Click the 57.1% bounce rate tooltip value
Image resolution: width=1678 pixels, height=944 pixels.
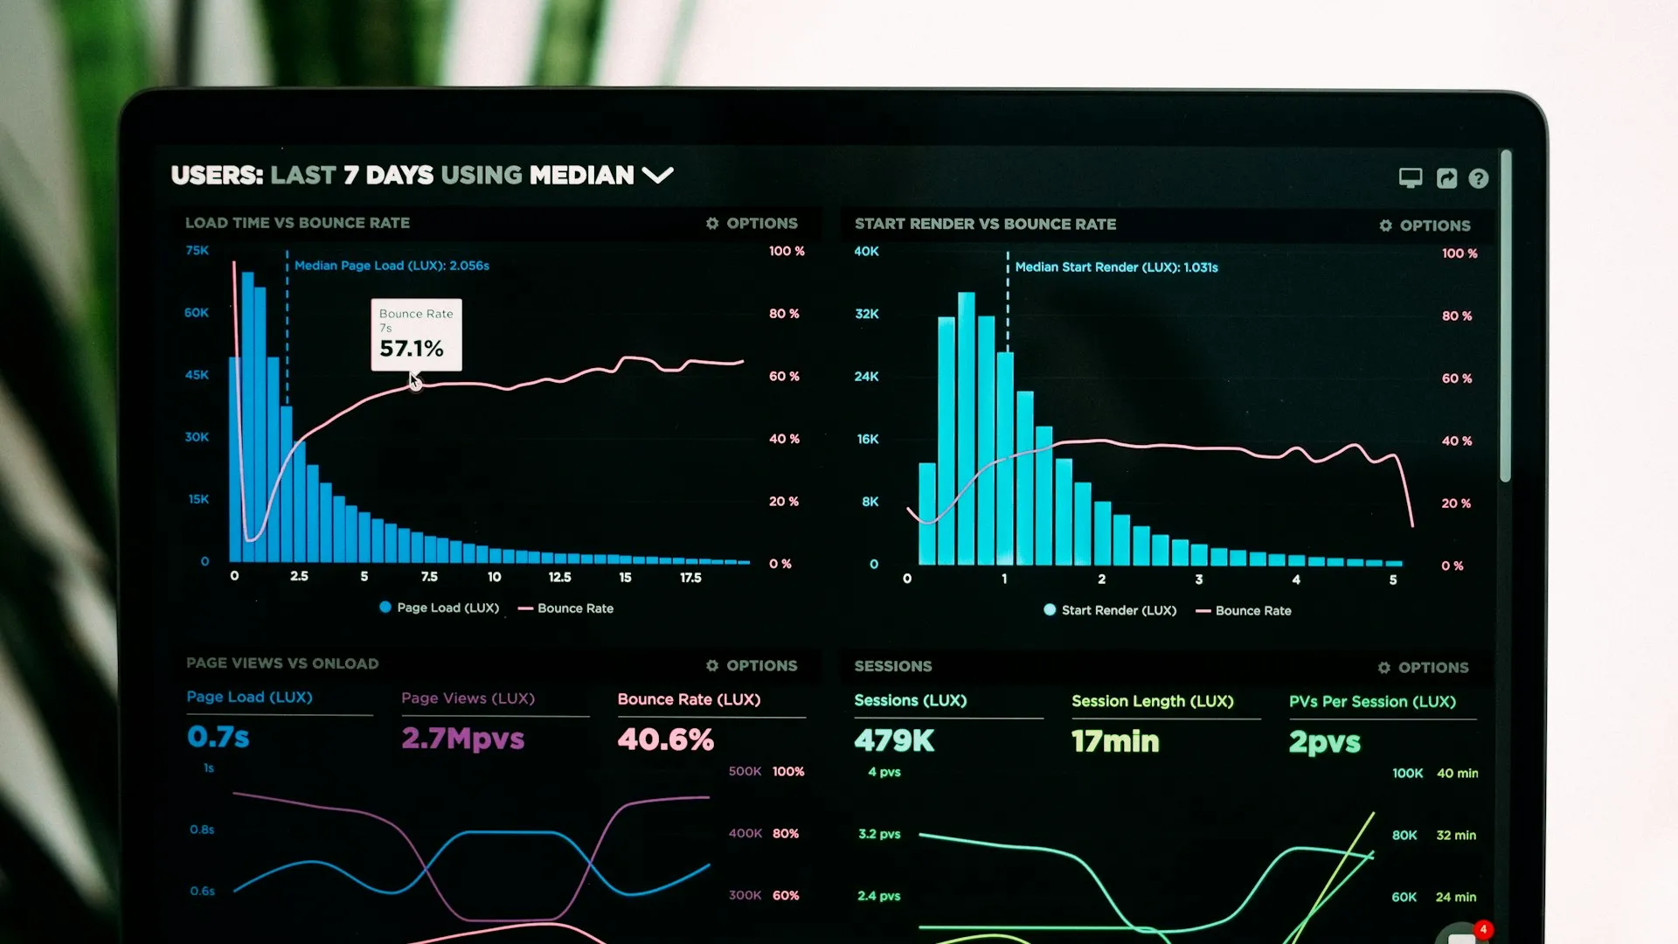tap(412, 349)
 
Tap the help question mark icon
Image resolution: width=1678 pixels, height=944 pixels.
tap(1478, 178)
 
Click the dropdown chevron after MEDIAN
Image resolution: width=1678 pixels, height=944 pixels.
tap(657, 175)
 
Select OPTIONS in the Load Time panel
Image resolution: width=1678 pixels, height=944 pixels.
tap(752, 224)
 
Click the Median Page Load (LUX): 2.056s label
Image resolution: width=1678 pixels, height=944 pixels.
tap(392, 266)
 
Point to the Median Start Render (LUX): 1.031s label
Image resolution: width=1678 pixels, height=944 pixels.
tap(1116, 267)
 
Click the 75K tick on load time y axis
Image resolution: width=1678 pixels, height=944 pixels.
tap(198, 251)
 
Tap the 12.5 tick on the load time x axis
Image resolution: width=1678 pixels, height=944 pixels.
tap(559, 578)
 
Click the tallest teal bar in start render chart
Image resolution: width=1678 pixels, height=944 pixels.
tap(966, 428)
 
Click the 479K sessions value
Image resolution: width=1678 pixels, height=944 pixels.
tap(894, 741)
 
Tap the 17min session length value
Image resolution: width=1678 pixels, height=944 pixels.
tap(1115, 742)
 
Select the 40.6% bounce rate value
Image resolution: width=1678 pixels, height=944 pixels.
tap(665, 740)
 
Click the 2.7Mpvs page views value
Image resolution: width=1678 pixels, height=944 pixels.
tap(462, 739)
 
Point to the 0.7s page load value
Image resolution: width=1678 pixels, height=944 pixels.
tap(218, 738)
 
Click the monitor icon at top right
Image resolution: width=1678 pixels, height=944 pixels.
tap(1410, 178)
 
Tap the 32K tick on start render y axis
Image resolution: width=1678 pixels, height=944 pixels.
tap(867, 314)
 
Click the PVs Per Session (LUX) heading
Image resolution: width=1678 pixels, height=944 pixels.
tap(1372, 702)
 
